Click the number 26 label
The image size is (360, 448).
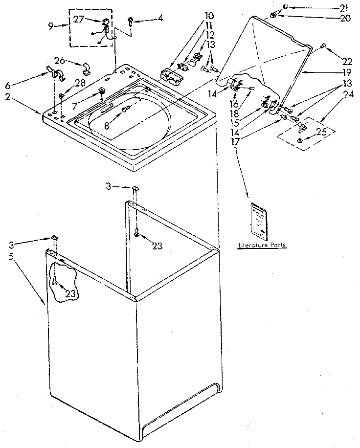point(60,60)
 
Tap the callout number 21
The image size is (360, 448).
point(344,7)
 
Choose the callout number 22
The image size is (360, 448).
point(347,61)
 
